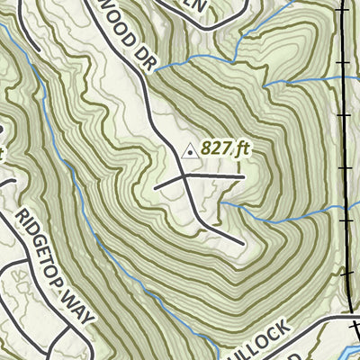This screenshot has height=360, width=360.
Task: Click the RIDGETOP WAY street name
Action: (x=54, y=261)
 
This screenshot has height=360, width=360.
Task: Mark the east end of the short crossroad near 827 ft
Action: (x=245, y=177)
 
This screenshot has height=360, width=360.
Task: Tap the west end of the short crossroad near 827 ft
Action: (x=156, y=188)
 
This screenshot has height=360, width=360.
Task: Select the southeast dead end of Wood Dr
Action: (x=242, y=244)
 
